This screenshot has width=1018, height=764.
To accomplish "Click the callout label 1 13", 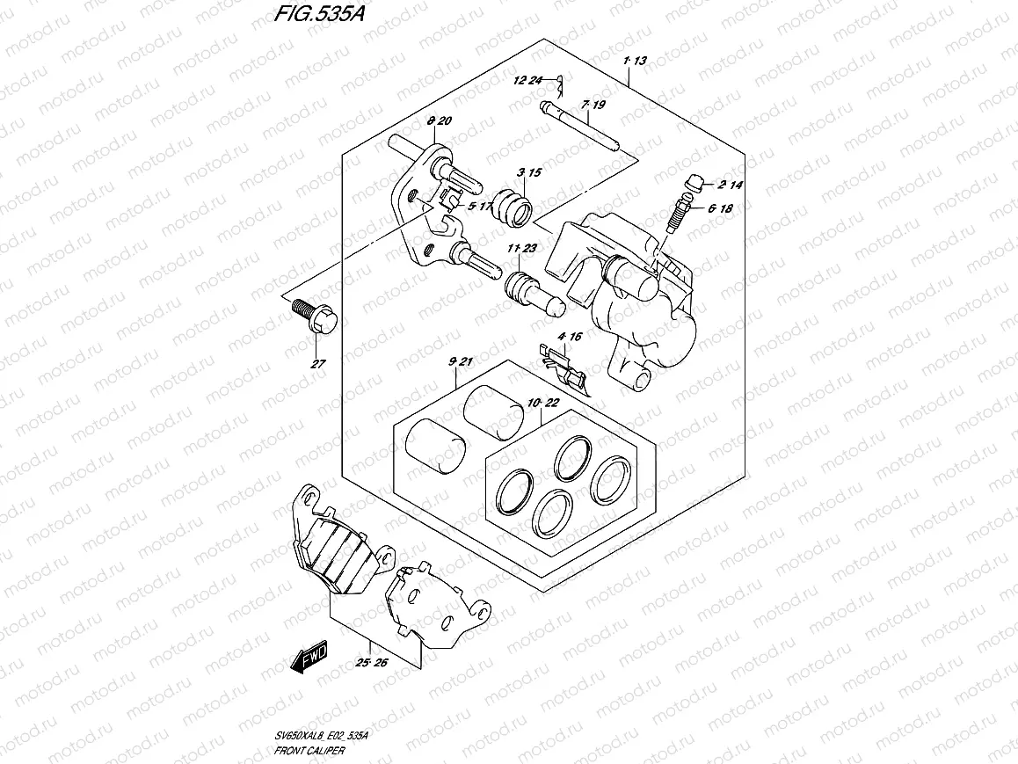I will click(634, 61).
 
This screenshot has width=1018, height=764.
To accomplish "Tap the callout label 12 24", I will click(530, 81).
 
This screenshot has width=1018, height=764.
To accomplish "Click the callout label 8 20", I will click(439, 120).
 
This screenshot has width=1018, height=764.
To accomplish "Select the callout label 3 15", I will click(529, 172).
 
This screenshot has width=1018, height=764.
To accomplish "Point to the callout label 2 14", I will click(731, 186).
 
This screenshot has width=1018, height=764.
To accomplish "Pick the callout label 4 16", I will click(570, 337).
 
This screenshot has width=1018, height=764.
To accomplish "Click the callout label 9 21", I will click(461, 362).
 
